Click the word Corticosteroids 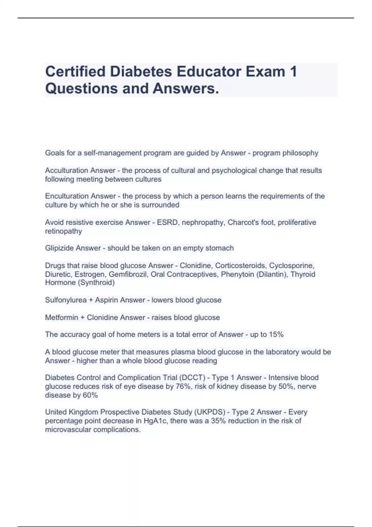point(240,266)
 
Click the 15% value point(276,334)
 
